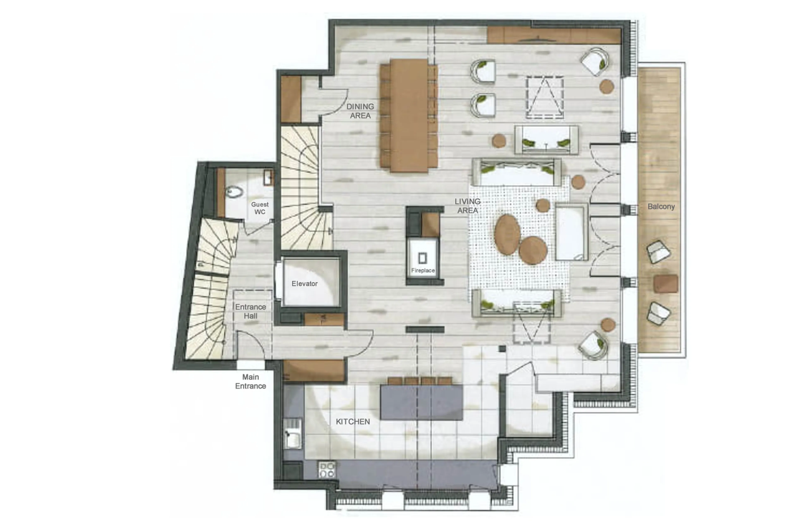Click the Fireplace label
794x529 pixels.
click(422, 270)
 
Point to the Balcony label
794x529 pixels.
click(661, 207)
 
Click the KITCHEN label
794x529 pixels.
click(353, 421)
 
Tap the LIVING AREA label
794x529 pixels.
click(467, 206)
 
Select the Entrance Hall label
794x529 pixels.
click(250, 311)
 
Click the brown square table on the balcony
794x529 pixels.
click(665, 283)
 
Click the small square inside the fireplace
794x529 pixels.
click(422, 258)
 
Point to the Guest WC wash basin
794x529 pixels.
click(268, 177)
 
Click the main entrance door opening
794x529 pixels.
click(250, 365)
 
